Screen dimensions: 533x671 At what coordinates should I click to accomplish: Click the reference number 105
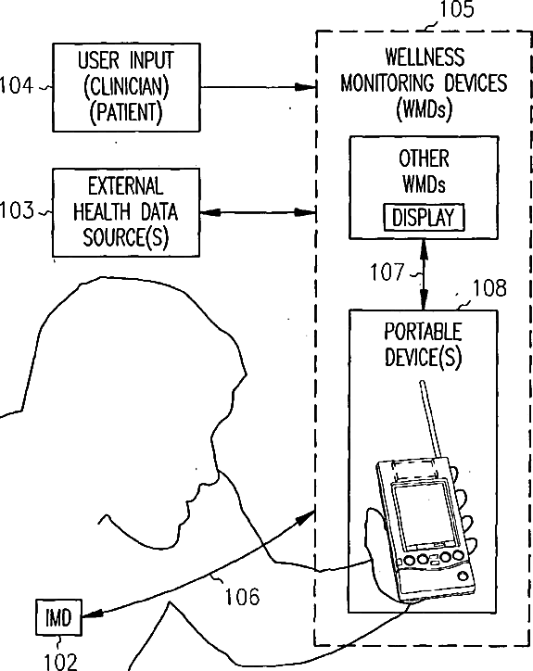pos(456,9)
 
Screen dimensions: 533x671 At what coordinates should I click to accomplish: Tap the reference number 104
pos(17,85)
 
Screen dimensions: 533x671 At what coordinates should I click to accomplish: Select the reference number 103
pos(17,210)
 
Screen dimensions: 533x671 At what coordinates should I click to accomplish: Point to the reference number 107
pos(387,272)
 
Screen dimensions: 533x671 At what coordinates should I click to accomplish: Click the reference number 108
pos(489,288)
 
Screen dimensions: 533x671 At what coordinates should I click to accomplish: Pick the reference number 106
pos(242,597)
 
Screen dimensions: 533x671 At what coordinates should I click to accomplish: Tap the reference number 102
pos(60,662)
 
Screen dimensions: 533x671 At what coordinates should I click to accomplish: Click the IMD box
pos(58,617)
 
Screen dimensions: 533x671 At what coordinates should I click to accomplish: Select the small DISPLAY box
pos(424,218)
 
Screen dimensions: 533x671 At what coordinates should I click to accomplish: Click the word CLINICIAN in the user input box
pos(126,86)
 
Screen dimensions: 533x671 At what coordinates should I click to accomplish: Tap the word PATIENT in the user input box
pos(126,112)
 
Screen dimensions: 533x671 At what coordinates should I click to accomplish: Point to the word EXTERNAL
pos(125,186)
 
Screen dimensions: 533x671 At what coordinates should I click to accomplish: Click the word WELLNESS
pos(425,57)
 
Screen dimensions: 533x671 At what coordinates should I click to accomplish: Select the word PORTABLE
pos(423,332)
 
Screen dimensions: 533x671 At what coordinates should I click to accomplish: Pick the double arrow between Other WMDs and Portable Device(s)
pos(424,274)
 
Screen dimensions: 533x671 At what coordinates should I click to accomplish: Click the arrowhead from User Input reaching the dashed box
pos(306,87)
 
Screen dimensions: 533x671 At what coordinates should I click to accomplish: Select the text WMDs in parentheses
pos(425,109)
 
